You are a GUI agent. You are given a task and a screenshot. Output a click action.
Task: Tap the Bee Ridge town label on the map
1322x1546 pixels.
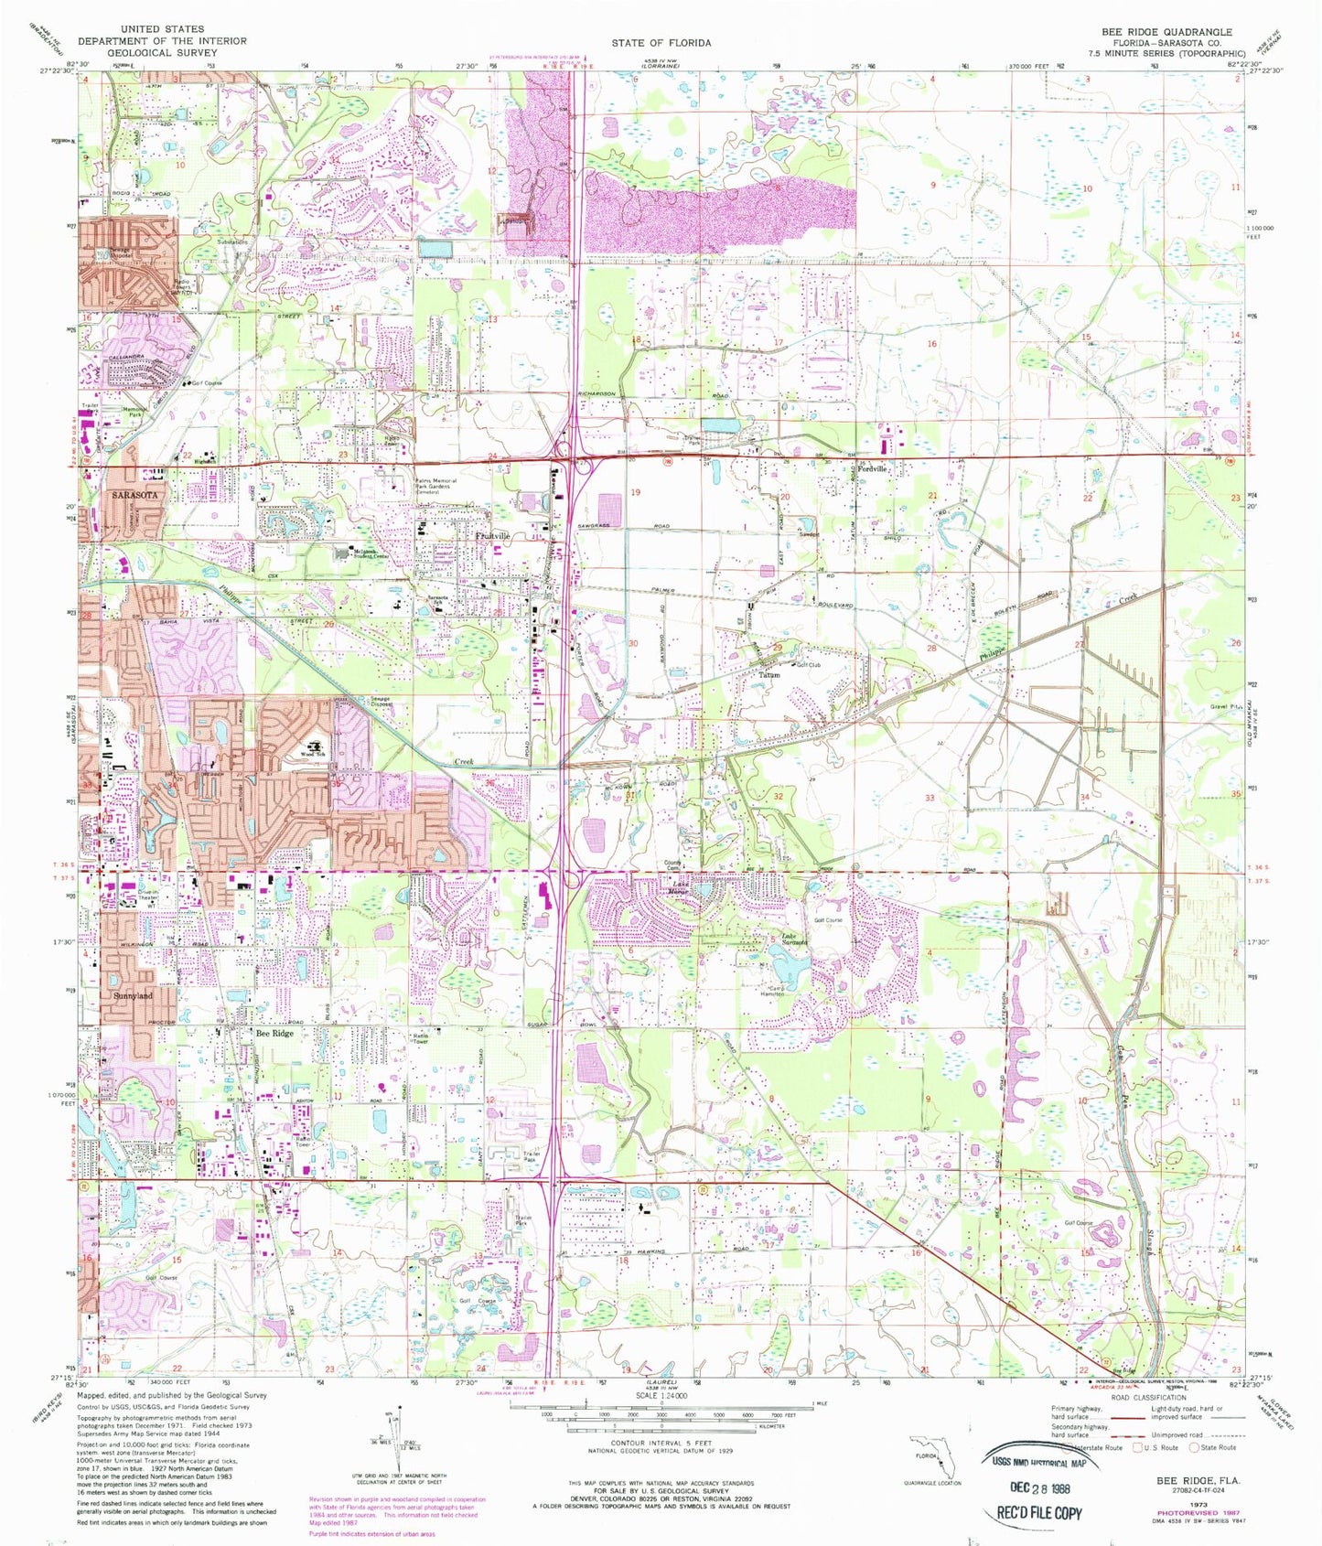tap(274, 1032)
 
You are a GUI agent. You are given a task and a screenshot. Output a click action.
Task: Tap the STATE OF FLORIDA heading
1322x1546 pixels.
tap(661, 43)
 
